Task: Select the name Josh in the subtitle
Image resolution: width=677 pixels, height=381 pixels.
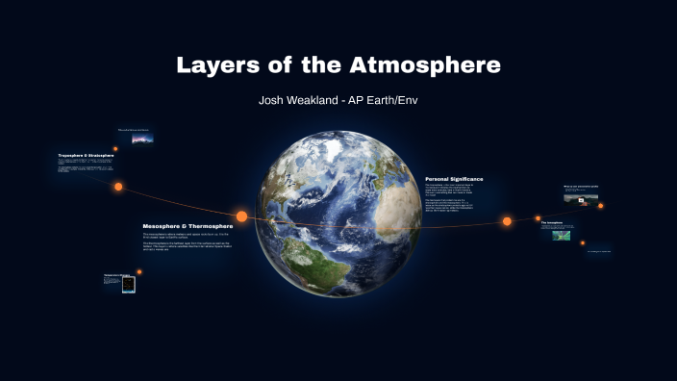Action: pyautogui.click(x=274, y=99)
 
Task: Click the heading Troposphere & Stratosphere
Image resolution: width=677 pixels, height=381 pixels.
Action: pyautogui.click(x=87, y=155)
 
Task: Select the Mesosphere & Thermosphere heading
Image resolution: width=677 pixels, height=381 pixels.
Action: pyautogui.click(x=188, y=226)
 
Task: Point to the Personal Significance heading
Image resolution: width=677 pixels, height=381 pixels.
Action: pyautogui.click(x=454, y=179)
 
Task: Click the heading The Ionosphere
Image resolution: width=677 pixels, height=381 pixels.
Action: pyautogui.click(x=551, y=222)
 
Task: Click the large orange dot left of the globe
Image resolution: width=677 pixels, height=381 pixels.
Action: pyautogui.click(x=242, y=216)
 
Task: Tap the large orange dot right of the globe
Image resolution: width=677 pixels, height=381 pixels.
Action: pyautogui.click(x=507, y=221)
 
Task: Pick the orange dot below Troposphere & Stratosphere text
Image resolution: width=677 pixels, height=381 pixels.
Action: pyautogui.click(x=118, y=187)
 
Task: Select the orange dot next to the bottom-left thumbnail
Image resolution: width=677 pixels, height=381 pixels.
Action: pyautogui.click(x=139, y=271)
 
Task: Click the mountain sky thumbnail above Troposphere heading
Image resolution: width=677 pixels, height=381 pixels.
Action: pyautogui.click(x=143, y=138)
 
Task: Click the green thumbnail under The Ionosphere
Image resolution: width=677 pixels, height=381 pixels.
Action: pyautogui.click(x=561, y=235)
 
